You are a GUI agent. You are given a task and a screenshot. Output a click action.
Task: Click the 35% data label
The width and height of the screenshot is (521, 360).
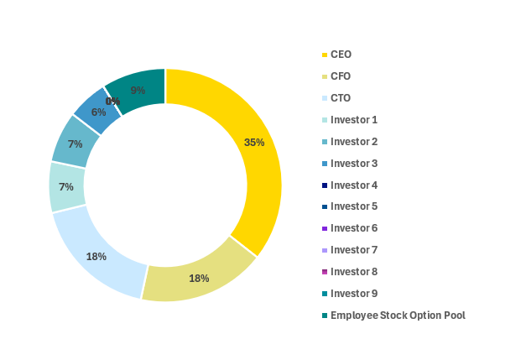254,142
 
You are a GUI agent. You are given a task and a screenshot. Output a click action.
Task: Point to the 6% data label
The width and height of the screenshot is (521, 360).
99,112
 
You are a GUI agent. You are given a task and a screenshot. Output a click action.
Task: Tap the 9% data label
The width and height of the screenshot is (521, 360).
138,90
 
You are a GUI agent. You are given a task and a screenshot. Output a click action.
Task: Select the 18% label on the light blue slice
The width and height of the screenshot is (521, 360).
96,256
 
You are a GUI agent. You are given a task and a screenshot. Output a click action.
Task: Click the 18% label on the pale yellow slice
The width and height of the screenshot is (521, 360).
199,278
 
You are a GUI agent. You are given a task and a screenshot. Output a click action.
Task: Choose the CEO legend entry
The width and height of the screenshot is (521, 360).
341,55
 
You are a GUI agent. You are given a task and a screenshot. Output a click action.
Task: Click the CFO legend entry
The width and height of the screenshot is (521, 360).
341,76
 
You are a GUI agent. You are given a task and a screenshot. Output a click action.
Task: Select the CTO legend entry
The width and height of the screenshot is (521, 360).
341,98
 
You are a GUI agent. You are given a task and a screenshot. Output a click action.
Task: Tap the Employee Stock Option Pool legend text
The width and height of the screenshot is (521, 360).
398,316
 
